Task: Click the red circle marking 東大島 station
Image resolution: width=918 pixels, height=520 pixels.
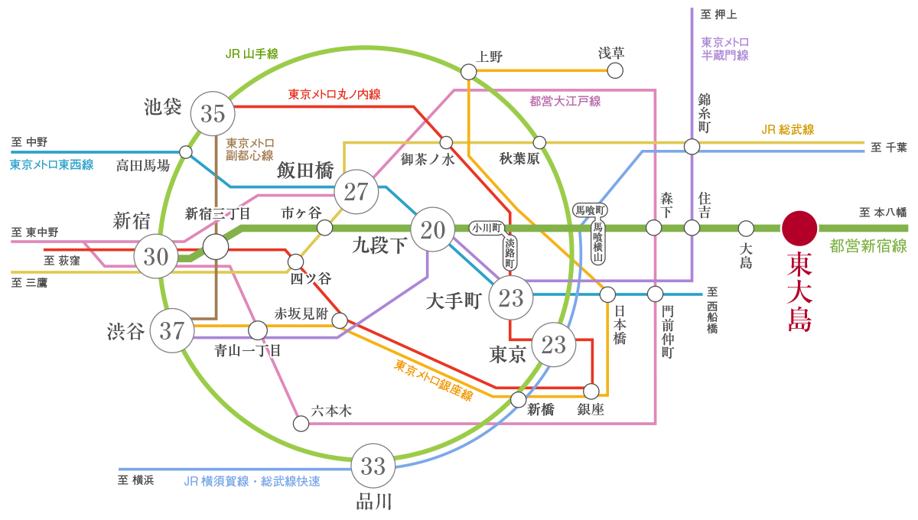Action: [799, 228]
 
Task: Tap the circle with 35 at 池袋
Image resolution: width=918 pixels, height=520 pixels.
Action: [213, 113]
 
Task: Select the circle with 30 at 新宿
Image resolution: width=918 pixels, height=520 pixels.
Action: [156, 257]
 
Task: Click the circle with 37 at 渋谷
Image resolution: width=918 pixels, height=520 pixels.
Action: [172, 331]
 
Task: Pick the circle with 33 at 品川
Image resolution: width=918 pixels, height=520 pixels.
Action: [373, 465]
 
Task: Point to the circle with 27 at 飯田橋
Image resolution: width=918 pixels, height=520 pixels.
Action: [356, 192]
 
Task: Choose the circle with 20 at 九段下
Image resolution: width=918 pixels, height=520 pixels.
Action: [433, 229]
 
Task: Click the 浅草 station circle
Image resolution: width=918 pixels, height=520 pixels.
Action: [614, 71]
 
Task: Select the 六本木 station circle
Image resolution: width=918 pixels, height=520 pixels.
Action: [301, 423]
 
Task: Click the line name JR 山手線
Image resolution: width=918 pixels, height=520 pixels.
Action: [252, 54]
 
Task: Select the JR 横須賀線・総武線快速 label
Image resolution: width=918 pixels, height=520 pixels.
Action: [252, 482]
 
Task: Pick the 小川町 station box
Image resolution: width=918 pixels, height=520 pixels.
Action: [486, 228]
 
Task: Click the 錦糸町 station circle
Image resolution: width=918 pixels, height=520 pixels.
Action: [692, 146]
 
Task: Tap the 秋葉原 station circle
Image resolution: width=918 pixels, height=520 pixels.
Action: [539, 142]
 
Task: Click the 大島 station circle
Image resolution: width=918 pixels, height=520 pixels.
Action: [746, 228]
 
